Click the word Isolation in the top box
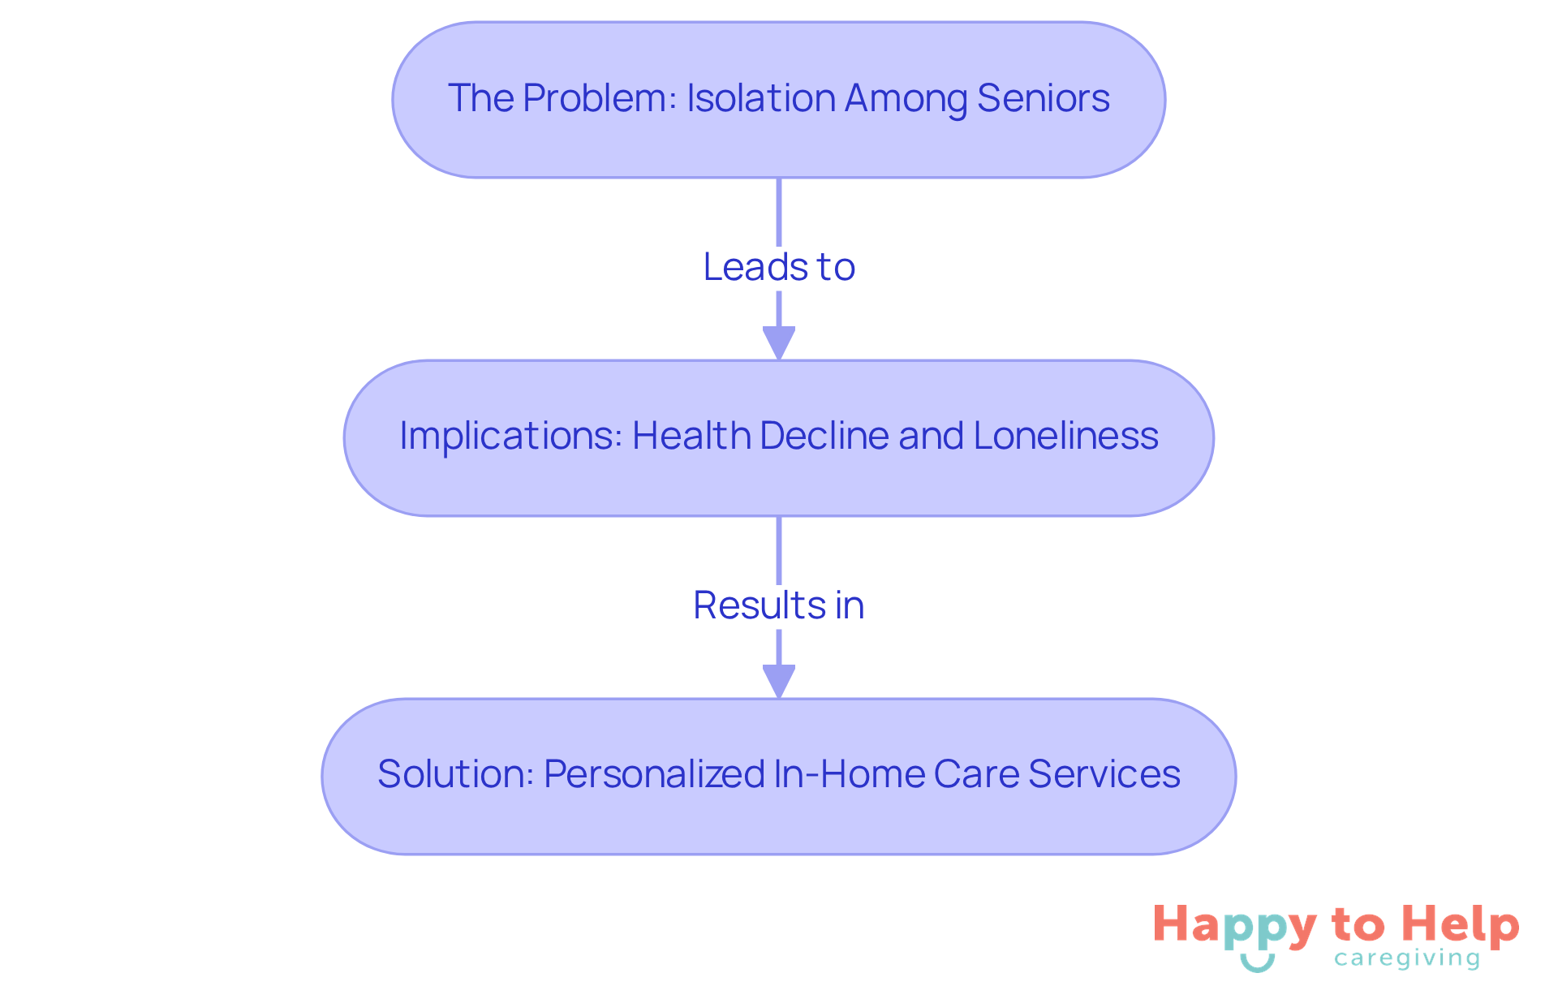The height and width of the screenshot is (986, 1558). pyautogui.click(x=761, y=98)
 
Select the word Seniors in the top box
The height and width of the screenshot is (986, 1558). pyautogui.click(x=1043, y=98)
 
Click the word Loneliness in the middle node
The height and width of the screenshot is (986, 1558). pyautogui.click(x=1065, y=436)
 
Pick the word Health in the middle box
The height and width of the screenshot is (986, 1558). pyautogui.click(x=691, y=436)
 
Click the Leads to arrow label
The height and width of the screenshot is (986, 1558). pyautogui.click(x=779, y=267)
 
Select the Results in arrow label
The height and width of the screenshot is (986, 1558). pyautogui.click(x=779, y=605)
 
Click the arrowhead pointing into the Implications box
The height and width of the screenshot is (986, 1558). pyautogui.click(x=779, y=342)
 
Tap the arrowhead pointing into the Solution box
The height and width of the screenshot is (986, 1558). pyautogui.click(x=779, y=680)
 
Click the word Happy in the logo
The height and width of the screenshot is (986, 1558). pyautogui.click(x=1234, y=926)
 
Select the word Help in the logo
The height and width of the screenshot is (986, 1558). pyautogui.click(x=1461, y=925)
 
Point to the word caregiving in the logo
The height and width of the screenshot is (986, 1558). pyautogui.click(x=1406, y=958)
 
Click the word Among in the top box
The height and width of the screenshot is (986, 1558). pyautogui.click(x=906, y=98)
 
